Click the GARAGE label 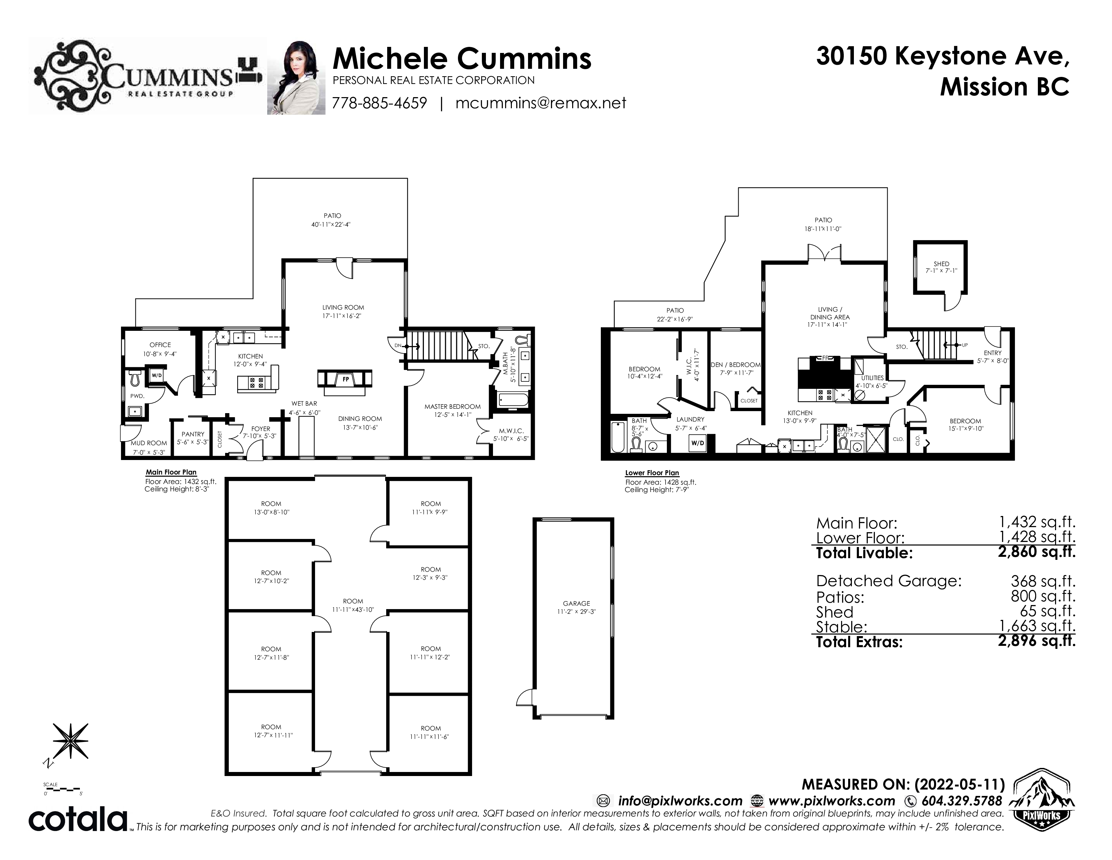point(576,603)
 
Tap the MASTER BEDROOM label point(453,407)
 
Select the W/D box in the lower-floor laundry point(697,443)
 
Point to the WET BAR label point(304,403)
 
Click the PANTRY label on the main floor point(193,434)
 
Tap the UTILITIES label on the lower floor point(872,378)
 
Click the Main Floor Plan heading point(171,472)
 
